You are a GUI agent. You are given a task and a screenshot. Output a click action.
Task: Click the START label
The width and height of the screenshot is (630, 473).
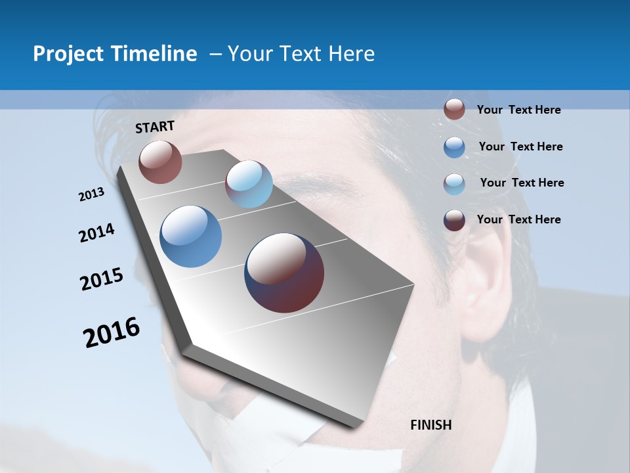point(155,127)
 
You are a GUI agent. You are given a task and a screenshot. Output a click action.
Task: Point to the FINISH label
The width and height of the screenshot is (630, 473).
point(431,425)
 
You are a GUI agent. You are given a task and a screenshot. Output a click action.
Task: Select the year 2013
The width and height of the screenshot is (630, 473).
point(92,194)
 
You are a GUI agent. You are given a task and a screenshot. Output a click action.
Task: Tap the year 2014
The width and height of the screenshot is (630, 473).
point(97,233)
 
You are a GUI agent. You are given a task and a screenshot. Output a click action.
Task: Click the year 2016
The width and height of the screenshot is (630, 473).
point(112,332)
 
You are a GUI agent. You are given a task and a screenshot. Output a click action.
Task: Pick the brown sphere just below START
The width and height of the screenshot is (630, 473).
point(160,162)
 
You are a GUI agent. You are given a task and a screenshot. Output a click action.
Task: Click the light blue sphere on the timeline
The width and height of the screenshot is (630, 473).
point(249,184)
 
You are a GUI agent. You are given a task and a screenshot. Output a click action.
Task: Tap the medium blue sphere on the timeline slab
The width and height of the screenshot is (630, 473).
point(191,236)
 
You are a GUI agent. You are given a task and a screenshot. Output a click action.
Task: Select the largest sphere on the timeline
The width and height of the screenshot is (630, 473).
point(284,273)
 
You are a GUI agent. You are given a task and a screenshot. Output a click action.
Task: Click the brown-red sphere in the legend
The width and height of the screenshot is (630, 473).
point(454,109)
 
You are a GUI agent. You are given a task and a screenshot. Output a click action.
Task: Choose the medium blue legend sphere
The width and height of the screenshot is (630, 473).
point(454,147)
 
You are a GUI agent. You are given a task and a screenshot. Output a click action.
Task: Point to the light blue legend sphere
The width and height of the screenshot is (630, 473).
point(454,184)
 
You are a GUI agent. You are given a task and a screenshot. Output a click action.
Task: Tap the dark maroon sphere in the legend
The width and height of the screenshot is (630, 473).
point(454,220)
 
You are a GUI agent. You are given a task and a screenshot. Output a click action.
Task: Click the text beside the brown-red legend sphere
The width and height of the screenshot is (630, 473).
point(518,110)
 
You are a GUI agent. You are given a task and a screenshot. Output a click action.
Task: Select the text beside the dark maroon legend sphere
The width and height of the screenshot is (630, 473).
point(518,219)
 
